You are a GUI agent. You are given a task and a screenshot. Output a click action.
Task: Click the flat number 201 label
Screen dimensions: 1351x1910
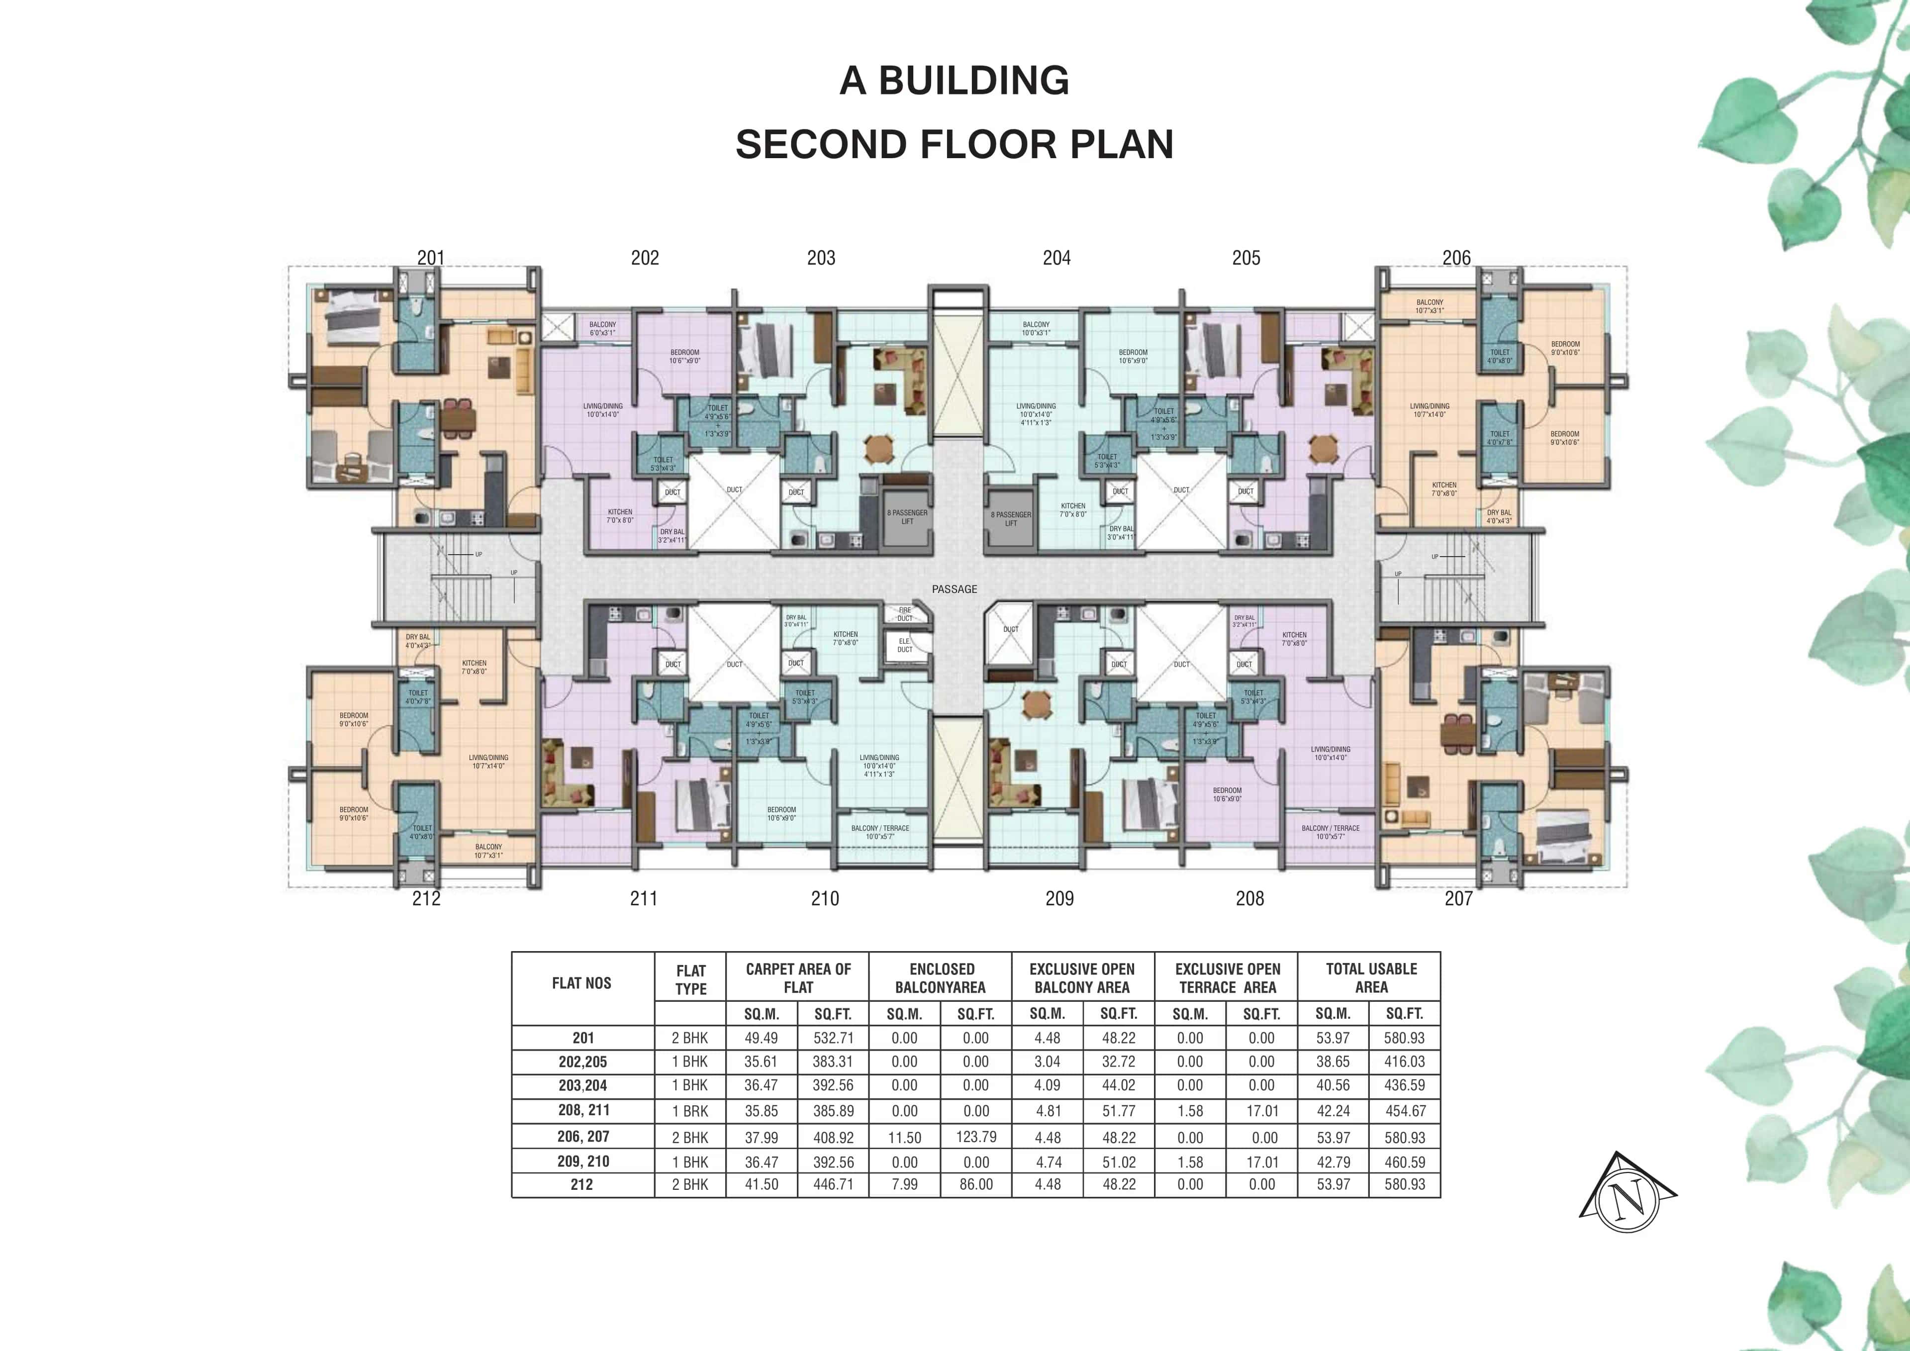(x=431, y=258)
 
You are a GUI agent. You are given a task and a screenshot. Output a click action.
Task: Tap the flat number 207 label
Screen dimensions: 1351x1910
(x=1458, y=898)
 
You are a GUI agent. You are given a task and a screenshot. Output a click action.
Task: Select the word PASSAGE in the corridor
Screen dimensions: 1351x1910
(x=954, y=589)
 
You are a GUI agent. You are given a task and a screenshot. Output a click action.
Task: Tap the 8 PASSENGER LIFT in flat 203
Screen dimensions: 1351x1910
(x=907, y=517)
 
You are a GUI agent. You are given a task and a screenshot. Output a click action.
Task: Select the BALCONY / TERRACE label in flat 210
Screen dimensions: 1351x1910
(x=880, y=832)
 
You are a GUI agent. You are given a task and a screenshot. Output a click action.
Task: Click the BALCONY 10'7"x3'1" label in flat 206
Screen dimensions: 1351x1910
(x=1429, y=306)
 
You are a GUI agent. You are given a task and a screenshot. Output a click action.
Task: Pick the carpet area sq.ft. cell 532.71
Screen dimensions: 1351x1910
(x=833, y=1038)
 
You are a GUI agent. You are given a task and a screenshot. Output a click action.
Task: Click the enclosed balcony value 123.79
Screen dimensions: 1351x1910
(x=976, y=1137)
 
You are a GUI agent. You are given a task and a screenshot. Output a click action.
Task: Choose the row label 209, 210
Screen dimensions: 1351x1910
(x=582, y=1161)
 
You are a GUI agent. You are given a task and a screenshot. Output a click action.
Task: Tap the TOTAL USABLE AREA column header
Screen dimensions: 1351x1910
(x=1371, y=977)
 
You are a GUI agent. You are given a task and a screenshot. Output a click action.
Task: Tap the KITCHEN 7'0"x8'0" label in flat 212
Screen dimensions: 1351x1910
(x=474, y=667)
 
